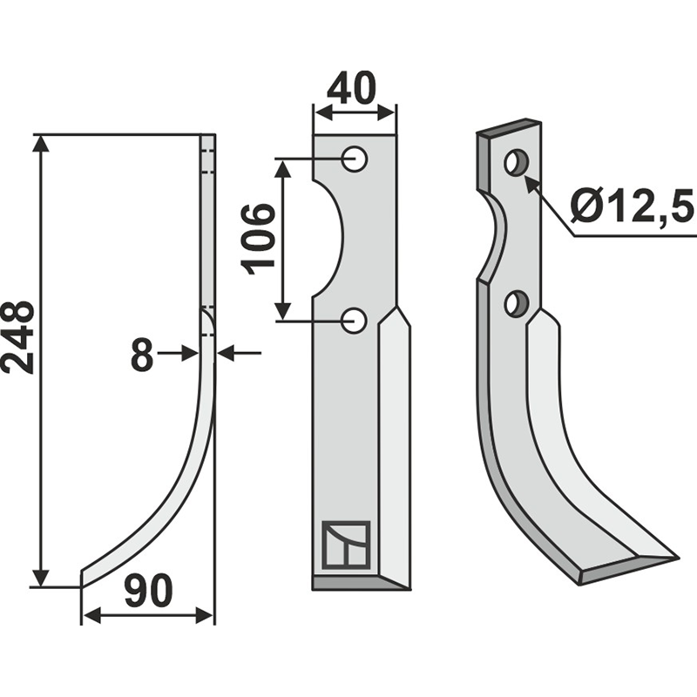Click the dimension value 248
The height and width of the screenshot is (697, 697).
(x=19, y=337)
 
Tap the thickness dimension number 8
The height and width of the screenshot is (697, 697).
(x=143, y=355)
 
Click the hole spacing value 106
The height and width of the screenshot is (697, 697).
(x=259, y=239)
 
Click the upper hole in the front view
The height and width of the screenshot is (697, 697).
(x=354, y=159)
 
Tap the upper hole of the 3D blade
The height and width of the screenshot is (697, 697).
(x=517, y=162)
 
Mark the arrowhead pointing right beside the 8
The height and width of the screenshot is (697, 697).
(x=193, y=353)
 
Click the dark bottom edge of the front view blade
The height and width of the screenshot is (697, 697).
(x=357, y=583)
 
